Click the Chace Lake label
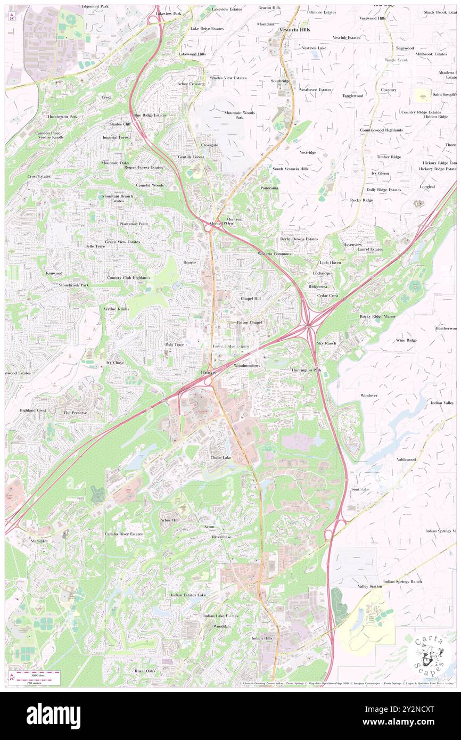coord(220,457)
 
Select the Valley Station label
coord(370,586)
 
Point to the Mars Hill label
coord(39,540)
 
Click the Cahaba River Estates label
coord(124,533)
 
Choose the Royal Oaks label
coord(145,671)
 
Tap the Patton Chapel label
coord(249,322)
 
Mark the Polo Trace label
coord(175,344)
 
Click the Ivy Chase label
coord(115,363)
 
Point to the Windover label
coord(369,396)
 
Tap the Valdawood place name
coord(406,459)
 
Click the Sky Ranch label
coord(327,343)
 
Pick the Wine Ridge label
coord(406,340)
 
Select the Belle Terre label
coord(95,246)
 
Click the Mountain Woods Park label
coord(239,115)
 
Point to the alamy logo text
coord(53,716)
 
